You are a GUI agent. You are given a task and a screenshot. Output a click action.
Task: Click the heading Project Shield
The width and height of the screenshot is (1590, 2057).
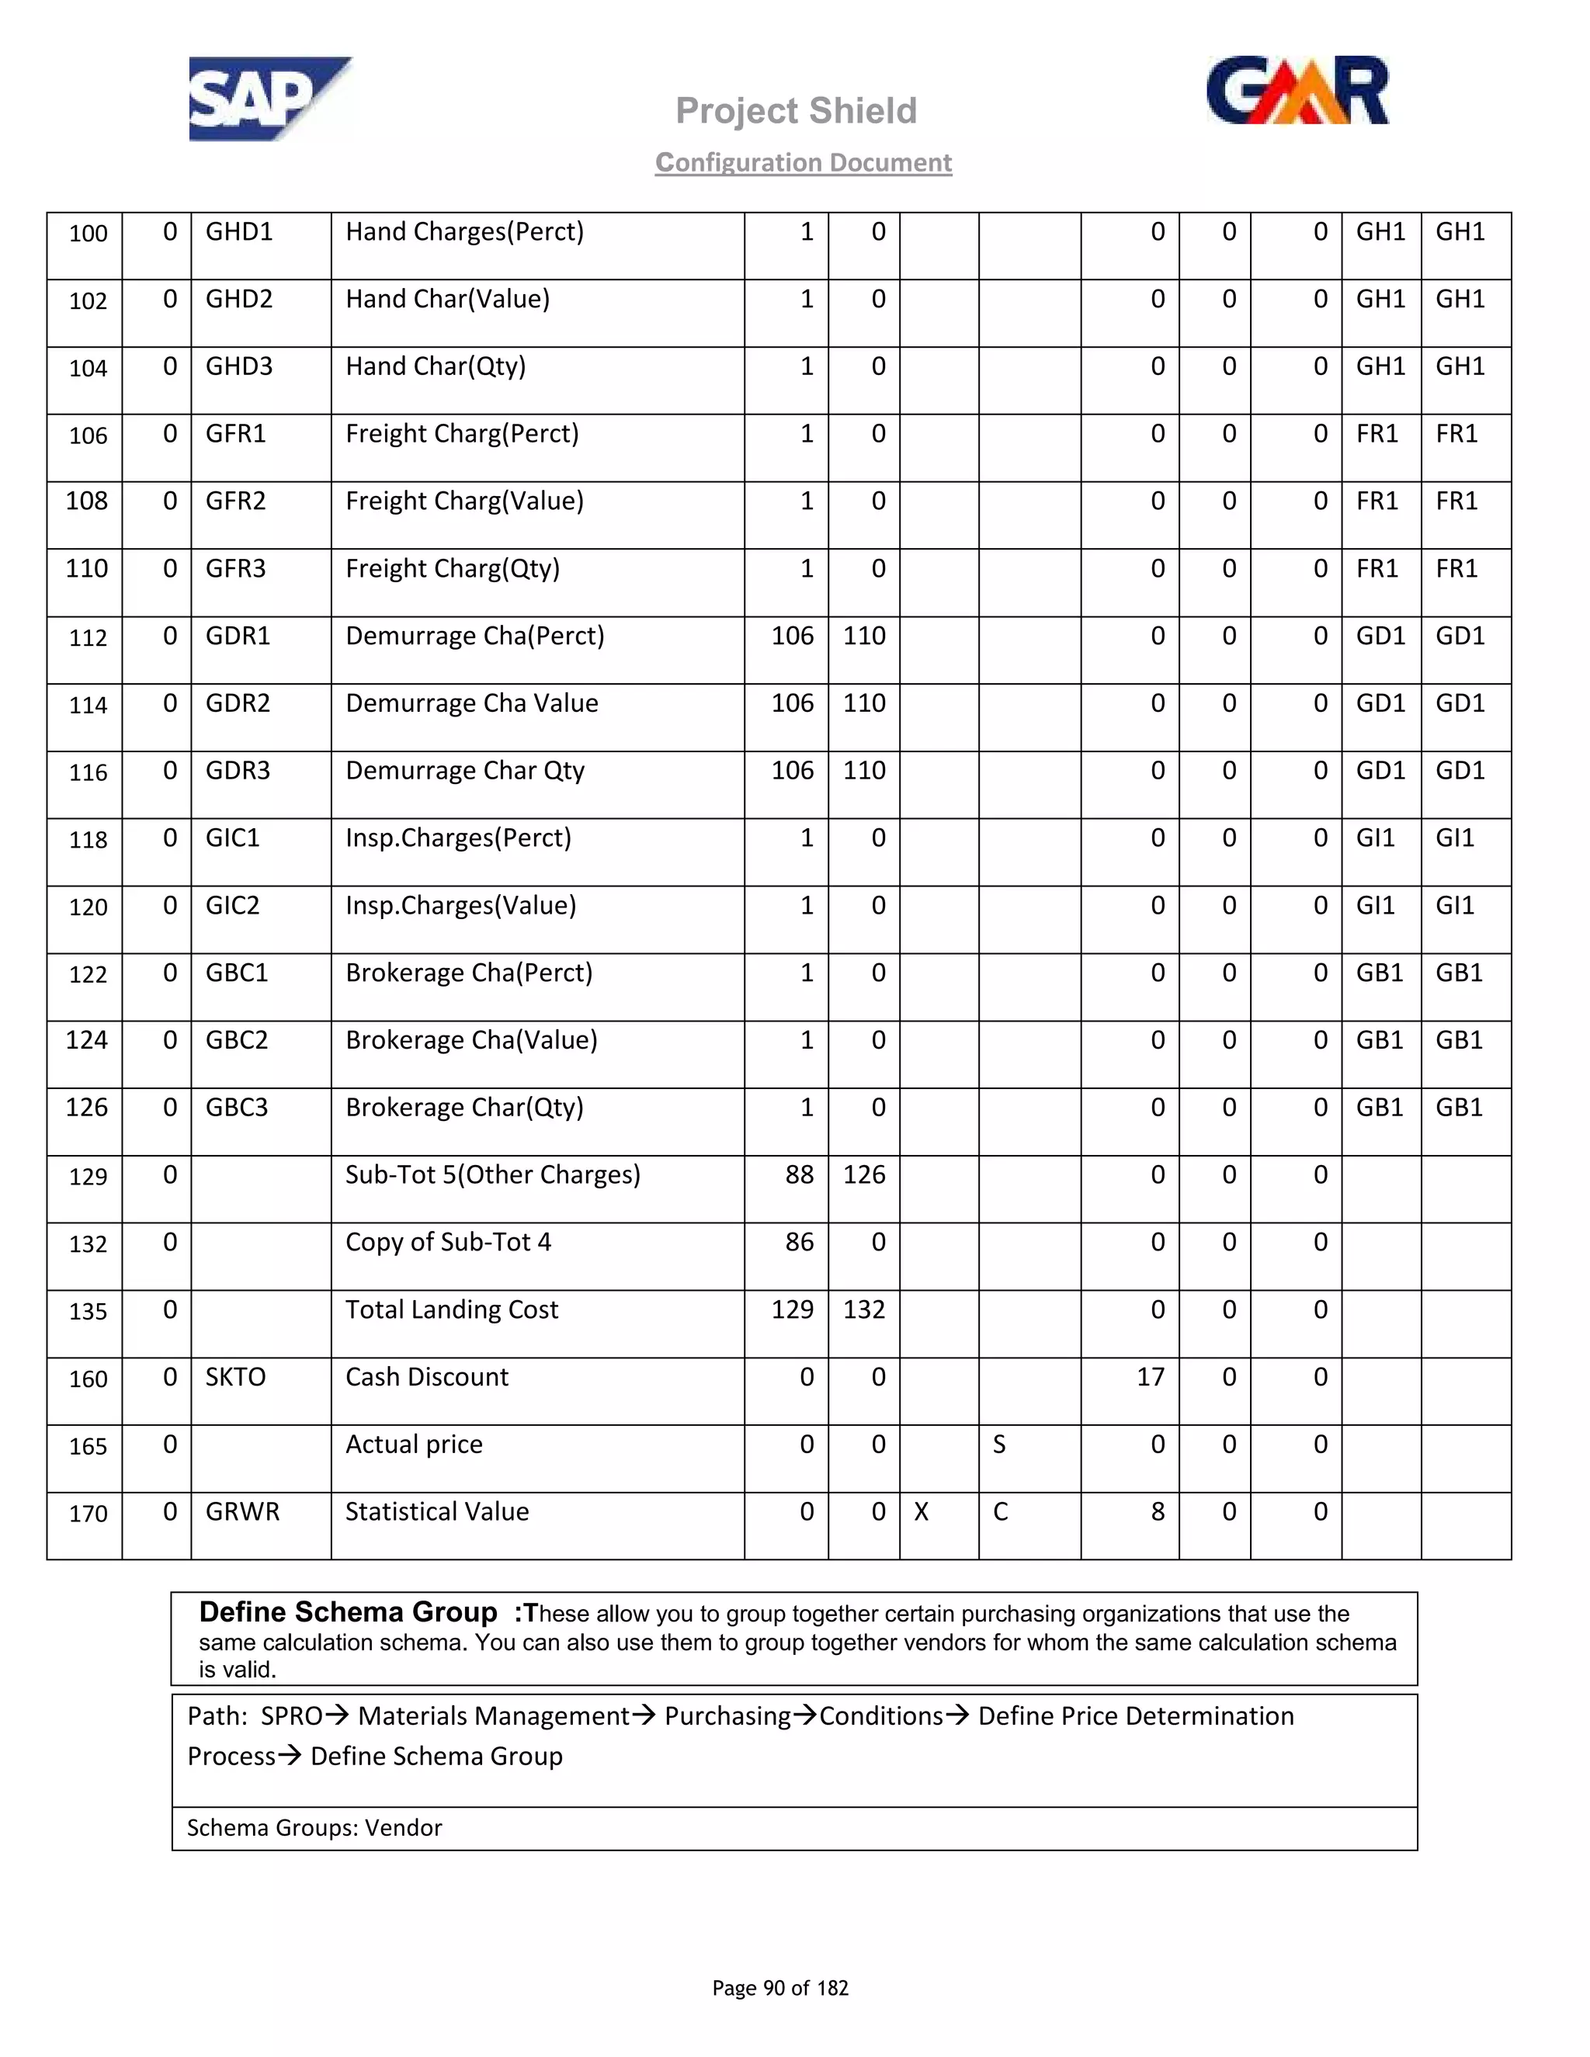tap(796, 111)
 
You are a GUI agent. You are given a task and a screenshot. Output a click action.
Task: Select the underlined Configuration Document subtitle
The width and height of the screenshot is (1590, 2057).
tap(804, 162)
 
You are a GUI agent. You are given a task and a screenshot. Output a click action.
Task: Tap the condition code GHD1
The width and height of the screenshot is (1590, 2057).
tap(239, 231)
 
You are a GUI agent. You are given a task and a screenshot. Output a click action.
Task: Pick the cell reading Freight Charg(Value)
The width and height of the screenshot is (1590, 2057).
tap(464, 501)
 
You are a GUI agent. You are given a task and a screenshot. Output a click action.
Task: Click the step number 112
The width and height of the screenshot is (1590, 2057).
tap(88, 637)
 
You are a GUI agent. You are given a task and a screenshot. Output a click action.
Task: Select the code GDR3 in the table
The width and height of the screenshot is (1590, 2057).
tap(238, 771)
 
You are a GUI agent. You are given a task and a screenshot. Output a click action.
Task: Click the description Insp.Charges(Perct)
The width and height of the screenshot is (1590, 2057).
tap(458, 838)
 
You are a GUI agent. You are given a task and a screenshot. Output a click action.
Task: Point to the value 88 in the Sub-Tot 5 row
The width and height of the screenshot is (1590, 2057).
tap(799, 1174)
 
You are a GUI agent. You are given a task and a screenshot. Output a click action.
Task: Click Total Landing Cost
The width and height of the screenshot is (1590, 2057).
tap(451, 1309)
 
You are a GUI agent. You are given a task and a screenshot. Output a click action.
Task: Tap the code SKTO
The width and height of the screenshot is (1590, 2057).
tap(235, 1377)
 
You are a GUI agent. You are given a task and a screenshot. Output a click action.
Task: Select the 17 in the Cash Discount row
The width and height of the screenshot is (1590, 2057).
tap(1150, 1377)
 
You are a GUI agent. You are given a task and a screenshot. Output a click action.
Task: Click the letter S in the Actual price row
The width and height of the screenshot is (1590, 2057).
tap(999, 1445)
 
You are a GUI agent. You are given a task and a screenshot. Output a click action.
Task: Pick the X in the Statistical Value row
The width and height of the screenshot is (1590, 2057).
tap(922, 1511)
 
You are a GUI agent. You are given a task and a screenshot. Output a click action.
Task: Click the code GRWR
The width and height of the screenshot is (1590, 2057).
tap(242, 1511)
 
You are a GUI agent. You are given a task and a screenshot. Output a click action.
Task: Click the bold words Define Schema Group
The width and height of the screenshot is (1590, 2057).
tap(348, 1612)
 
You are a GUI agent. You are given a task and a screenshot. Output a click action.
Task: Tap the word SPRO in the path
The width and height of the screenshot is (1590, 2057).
tap(292, 1716)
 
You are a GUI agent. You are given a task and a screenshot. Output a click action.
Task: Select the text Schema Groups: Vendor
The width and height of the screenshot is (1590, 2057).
tap(314, 1828)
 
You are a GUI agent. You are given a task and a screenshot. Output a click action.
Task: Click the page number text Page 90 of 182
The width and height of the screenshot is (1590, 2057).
tap(780, 1988)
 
